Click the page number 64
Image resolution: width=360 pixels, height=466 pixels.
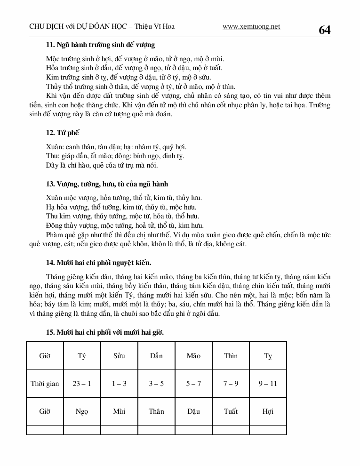click(324, 30)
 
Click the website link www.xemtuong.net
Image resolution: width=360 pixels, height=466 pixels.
click(251, 26)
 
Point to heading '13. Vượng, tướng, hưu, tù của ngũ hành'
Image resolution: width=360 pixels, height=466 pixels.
click(107, 184)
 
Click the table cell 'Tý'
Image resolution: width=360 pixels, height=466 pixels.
click(82, 356)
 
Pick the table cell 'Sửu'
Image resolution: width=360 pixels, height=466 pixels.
click(119, 356)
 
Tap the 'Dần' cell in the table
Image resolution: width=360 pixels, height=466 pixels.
click(156, 356)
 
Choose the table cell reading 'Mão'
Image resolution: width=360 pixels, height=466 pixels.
click(193, 356)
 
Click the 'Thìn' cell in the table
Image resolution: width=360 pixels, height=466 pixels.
click(231, 356)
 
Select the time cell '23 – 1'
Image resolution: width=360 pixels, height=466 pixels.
click(82, 384)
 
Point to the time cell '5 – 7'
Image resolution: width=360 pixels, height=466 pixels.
click(193, 384)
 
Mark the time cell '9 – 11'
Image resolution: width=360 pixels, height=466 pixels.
click(268, 384)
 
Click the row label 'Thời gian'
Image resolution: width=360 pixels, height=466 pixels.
click(45, 384)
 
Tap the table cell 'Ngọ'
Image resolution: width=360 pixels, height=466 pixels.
click(82, 411)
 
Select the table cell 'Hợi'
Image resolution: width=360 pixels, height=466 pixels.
click(268, 411)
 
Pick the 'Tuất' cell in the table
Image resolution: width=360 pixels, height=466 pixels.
click(231, 411)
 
